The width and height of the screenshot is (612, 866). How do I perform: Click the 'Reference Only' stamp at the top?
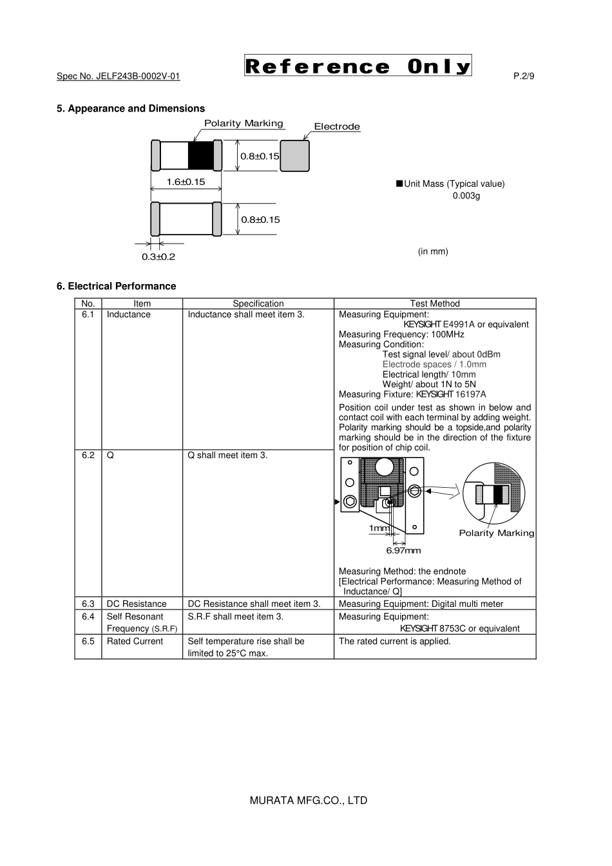(358, 66)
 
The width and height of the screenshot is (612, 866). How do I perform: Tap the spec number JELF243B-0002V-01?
(118, 76)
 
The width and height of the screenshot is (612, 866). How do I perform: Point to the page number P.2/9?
(524, 76)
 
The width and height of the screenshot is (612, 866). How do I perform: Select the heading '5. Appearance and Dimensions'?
(131, 108)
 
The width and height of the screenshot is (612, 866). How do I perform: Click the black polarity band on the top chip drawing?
(200, 155)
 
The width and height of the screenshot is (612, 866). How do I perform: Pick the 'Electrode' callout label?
(337, 126)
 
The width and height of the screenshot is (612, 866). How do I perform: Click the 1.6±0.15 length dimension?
(186, 182)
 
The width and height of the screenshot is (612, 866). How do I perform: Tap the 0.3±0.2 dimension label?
(158, 256)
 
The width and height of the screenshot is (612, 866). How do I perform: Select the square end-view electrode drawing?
(294, 155)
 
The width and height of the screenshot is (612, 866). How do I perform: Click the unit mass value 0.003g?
(466, 195)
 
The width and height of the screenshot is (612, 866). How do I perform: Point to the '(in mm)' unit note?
(433, 251)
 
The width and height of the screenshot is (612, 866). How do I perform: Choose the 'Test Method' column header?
(435, 303)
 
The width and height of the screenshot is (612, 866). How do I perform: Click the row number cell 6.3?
(88, 604)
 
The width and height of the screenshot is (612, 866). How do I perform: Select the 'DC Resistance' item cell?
(137, 604)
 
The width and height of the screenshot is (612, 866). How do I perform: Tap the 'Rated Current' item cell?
(135, 641)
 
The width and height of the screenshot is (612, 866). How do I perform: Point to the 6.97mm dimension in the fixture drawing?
(403, 550)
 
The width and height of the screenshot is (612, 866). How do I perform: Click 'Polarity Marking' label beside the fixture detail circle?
(496, 533)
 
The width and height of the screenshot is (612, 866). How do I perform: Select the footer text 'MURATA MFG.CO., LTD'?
(308, 800)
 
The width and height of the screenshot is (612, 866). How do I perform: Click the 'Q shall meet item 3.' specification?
(227, 456)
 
